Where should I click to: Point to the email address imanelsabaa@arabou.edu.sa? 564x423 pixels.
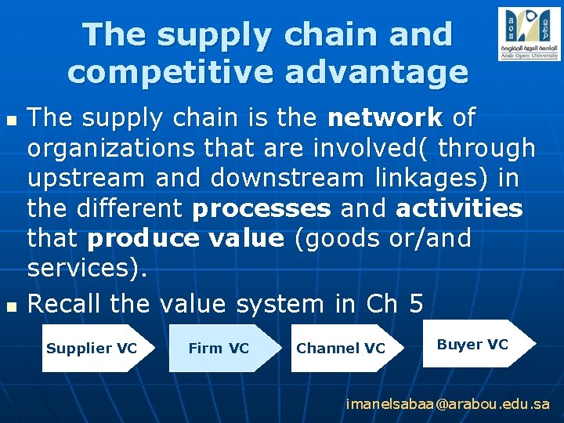448,405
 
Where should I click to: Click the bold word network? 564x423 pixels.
385,118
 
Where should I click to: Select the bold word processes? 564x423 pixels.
262,209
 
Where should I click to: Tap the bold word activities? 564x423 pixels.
459,209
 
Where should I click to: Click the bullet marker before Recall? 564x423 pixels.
10,306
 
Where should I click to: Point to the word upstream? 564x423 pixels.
86,179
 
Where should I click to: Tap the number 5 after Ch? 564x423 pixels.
415,304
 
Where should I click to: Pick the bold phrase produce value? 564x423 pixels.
186,239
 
